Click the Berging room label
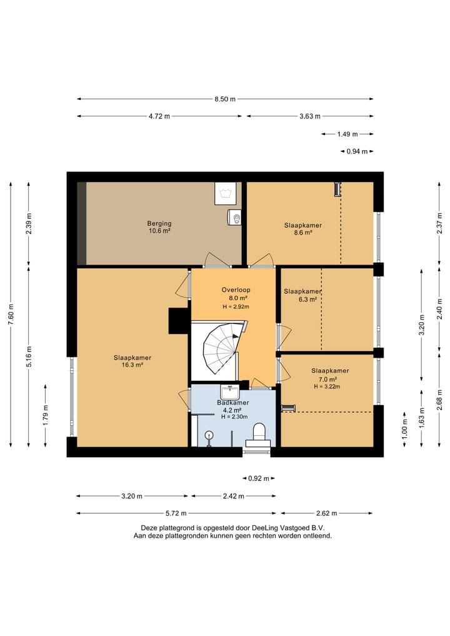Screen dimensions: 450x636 (159, 223)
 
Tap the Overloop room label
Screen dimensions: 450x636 (236, 290)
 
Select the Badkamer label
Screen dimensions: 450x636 (232, 403)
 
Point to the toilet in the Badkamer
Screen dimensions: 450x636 (259, 434)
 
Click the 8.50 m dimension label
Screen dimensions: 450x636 (225, 99)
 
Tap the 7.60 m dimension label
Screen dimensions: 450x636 (11, 315)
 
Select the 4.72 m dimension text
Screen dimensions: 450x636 (159, 116)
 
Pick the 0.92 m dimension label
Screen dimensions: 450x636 (259, 478)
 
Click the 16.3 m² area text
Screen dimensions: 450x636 (133, 365)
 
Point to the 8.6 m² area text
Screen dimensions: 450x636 (303, 233)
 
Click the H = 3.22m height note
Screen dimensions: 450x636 (327, 386)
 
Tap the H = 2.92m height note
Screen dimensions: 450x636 (236, 306)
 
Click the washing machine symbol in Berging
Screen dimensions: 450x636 (225, 193)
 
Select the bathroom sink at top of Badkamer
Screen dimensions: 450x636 (230, 392)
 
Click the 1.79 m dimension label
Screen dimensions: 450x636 (46, 415)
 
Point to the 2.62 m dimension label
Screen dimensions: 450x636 (326, 513)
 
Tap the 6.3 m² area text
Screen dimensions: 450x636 (307, 300)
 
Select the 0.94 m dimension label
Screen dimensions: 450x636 (357, 152)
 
